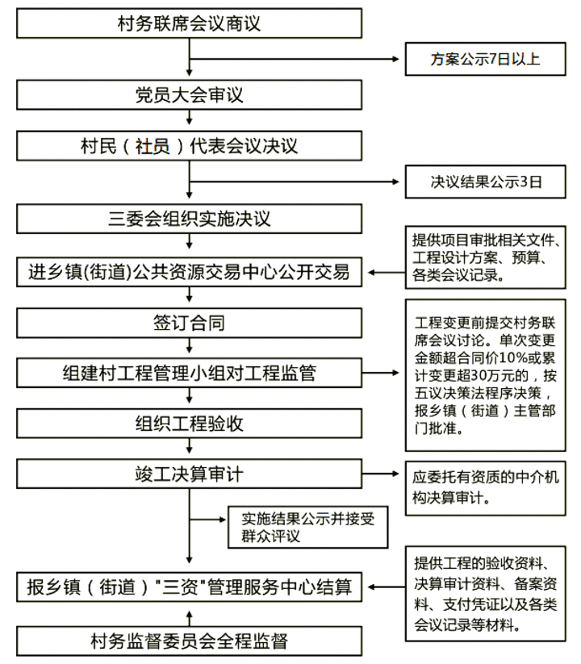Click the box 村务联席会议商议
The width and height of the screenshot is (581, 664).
[190, 23]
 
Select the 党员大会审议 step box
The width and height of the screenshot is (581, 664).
[190, 95]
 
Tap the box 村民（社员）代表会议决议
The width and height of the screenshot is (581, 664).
[190, 146]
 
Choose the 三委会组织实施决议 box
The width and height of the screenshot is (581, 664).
[190, 219]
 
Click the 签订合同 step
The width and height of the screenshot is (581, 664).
[190, 323]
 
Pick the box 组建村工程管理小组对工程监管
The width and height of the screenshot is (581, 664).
[190, 373]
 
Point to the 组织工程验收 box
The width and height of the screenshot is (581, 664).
[190, 424]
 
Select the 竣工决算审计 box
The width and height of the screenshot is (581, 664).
[190, 474]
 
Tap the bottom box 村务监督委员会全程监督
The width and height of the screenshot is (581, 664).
[190, 641]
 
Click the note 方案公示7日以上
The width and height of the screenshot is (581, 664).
[485, 59]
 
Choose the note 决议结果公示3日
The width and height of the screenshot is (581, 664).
[485, 182]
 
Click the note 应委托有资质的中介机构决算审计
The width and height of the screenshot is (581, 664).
[485, 488]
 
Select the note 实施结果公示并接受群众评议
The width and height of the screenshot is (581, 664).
[308, 527]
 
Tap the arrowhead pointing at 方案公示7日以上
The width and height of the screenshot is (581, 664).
[396, 59]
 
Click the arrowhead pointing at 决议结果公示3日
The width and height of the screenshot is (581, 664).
[396, 182]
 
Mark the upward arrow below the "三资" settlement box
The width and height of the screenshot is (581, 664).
[190, 618]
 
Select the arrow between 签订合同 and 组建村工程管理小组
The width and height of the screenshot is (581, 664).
[190, 346]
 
